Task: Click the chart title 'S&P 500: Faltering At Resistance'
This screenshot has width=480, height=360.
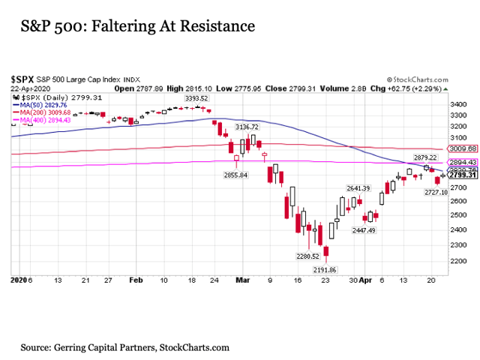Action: click(x=133, y=27)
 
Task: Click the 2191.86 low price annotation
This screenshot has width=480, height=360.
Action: click(x=324, y=269)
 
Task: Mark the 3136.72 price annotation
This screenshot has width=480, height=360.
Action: click(x=248, y=128)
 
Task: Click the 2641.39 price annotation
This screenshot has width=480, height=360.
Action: click(x=358, y=187)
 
